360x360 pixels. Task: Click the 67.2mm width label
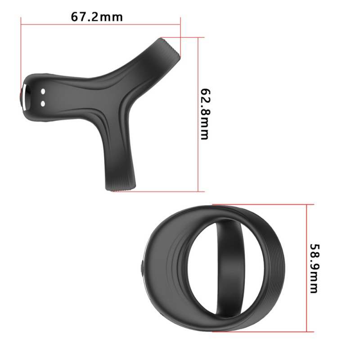pos(97,17)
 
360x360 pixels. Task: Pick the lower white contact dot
pos(43,104)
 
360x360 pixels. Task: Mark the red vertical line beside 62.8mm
pos(198,112)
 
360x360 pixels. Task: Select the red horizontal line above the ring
pos(261,203)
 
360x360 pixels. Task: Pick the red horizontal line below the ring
pos(261,332)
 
